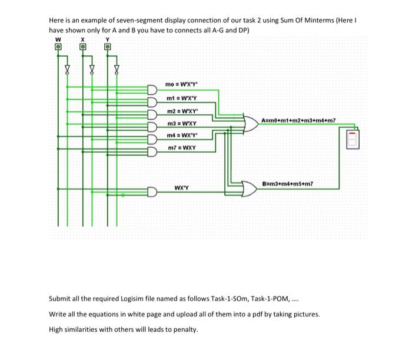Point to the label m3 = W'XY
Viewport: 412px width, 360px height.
pos(181,123)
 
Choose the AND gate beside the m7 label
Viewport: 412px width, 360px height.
pos(152,151)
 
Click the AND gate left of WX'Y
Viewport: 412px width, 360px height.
pos(152,191)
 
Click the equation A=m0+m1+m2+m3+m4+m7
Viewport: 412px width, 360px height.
pos(298,120)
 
